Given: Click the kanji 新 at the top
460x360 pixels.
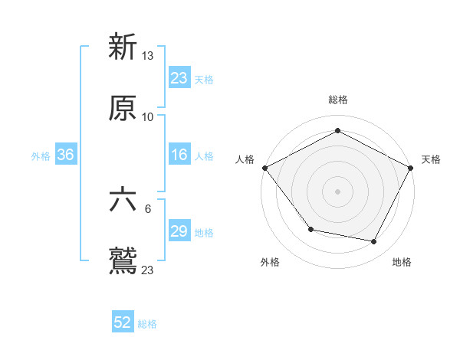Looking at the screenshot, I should tap(123, 47).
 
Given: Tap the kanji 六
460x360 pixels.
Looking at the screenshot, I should tap(123, 200).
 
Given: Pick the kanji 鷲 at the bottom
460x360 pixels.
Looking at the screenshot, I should tap(123, 261).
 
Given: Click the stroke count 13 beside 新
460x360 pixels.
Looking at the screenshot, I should tap(148, 56).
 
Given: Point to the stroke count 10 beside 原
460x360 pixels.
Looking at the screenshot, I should tap(148, 117).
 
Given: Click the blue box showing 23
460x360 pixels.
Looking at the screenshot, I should tap(179, 78).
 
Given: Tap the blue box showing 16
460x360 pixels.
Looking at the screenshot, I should tap(179, 155).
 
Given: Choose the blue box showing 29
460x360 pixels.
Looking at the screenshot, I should tap(179, 232).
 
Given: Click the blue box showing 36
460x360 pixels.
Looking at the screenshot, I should tap(65, 155).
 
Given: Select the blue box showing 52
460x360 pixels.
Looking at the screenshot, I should tap(123, 322).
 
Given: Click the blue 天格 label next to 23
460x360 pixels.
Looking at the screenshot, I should tap(204, 79).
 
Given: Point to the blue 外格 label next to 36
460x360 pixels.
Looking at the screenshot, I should tap(41, 156).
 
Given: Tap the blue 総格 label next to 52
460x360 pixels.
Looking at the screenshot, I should tap(147, 324).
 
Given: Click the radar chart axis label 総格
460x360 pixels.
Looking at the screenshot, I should tap(337, 100).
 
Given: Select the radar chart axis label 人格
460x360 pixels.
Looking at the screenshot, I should tap(245, 159).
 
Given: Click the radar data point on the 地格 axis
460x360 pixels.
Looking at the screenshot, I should tap(374, 242).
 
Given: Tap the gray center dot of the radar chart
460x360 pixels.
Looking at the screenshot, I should tap(337, 191).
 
